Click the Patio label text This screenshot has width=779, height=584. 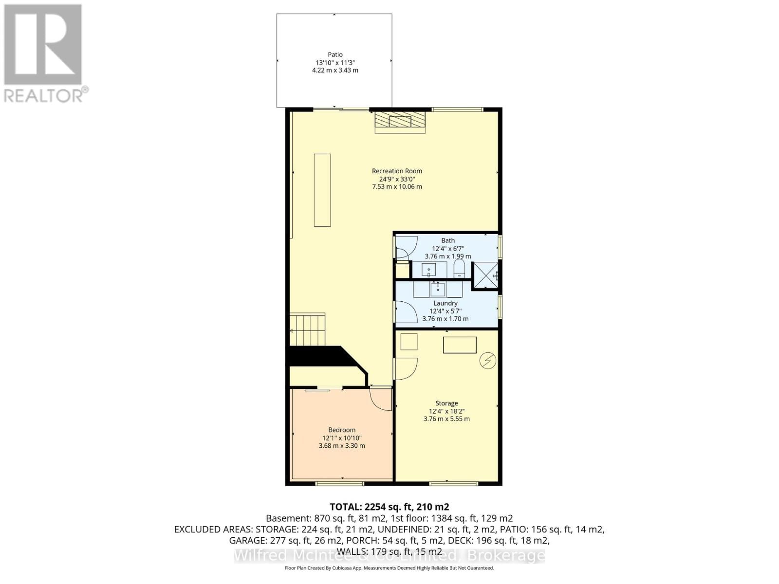tap(335, 55)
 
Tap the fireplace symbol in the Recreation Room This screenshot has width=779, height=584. tap(400, 122)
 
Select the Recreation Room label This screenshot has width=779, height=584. tap(397, 171)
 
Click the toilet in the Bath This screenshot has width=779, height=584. tap(459, 269)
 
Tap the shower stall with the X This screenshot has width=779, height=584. tap(485, 276)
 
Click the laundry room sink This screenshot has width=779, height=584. tap(437, 289)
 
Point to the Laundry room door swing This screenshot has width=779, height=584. tap(405, 312)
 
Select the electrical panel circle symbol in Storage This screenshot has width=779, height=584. tap(488, 361)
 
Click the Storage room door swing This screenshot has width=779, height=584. tap(406, 368)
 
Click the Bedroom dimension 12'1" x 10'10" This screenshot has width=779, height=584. tap(342, 438)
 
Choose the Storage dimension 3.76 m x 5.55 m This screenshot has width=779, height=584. tap(446, 419)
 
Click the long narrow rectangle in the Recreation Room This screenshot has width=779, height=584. tap(322, 190)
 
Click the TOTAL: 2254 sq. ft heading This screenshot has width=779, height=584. tap(389, 507)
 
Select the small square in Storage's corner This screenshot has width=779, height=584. tap(409, 342)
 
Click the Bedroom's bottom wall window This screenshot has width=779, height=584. tap(339, 483)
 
